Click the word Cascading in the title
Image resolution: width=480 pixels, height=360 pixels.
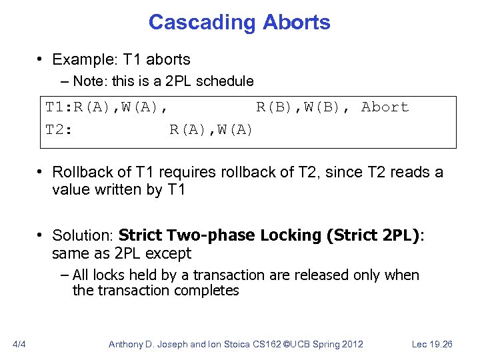201,22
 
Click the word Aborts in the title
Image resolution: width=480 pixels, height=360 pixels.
296,22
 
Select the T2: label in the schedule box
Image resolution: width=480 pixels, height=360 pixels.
59,129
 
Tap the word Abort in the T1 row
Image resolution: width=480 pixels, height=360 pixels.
385,107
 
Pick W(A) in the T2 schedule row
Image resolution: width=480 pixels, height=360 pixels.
233,129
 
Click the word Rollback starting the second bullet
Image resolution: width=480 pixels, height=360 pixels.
82,172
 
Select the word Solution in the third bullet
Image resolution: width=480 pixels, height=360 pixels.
82,235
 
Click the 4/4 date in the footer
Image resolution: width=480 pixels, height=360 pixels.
19,344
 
